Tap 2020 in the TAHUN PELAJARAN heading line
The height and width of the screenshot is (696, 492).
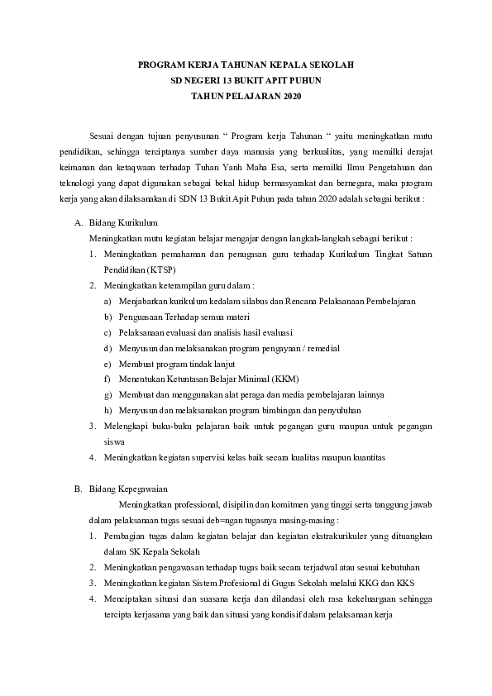(289, 97)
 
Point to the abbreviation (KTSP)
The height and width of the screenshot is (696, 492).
(160, 269)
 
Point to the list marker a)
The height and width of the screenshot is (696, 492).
(108, 301)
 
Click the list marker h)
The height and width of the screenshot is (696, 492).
(108, 410)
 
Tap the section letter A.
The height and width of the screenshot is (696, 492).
(78, 223)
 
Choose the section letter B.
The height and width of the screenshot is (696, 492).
(78, 489)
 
